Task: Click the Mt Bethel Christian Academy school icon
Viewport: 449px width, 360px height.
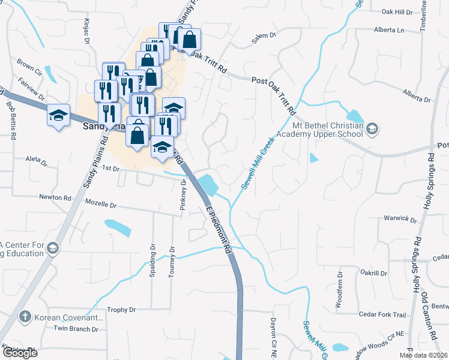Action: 372,128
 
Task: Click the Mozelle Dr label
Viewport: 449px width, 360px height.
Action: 100,205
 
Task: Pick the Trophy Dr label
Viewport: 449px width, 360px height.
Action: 122,310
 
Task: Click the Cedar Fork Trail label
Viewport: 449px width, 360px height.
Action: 382,314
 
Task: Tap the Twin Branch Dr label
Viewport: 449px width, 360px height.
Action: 76,328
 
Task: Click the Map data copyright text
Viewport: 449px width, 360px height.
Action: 423,355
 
